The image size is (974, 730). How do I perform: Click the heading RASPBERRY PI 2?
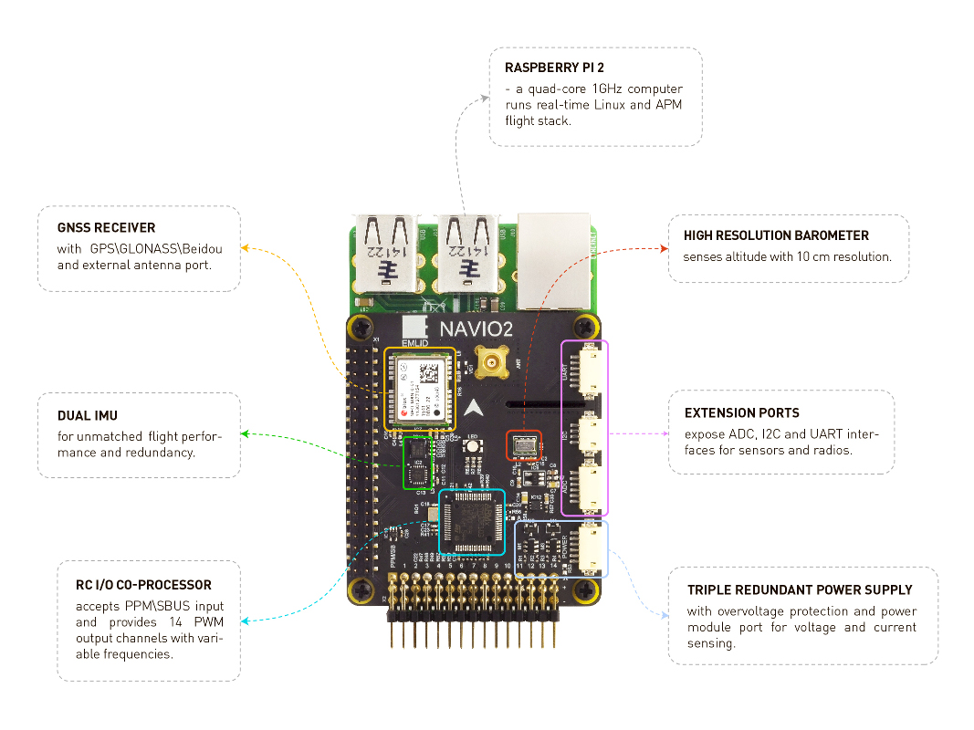click(554, 68)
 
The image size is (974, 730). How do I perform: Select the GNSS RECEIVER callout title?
click(106, 227)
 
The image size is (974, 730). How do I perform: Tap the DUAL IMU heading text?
click(87, 416)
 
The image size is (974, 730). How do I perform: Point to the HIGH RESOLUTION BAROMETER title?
click(776, 235)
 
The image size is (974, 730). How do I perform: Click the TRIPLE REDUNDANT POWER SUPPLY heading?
click(800, 590)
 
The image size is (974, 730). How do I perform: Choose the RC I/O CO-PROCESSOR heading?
click(143, 585)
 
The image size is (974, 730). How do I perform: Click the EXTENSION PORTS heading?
click(741, 412)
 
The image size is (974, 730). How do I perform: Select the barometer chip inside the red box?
click(525, 445)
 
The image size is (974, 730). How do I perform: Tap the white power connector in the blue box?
click(590, 549)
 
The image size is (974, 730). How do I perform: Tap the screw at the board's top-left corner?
click(364, 326)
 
